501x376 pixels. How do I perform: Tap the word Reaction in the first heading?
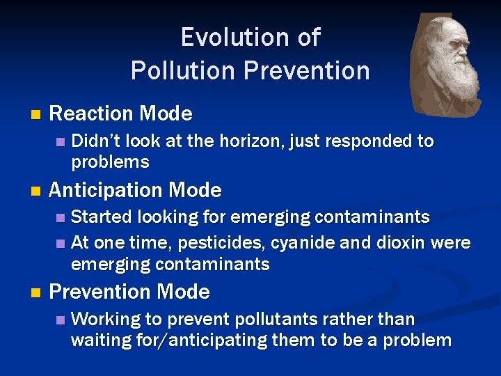[92, 113]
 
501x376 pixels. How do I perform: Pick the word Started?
[102, 217]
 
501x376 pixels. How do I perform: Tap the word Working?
[106, 320]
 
